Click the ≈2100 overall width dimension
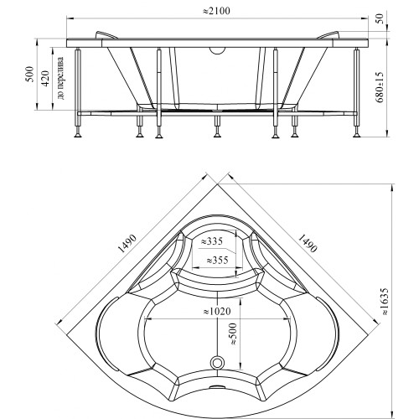click(216, 11)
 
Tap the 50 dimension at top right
click(381, 18)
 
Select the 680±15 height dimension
click(380, 87)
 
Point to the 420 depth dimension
click(45, 79)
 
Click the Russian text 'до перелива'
click(61, 78)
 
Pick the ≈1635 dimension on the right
click(385, 302)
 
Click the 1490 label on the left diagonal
click(127, 244)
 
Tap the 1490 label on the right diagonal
click(308, 243)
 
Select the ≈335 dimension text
click(212, 241)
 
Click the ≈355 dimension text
click(217, 261)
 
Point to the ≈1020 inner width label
click(217, 311)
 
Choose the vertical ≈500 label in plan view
click(232, 334)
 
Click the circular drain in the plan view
click(217, 362)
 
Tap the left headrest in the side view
click(106, 35)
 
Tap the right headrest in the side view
click(328, 35)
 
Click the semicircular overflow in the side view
click(217, 50)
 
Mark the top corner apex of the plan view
click(217, 184)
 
